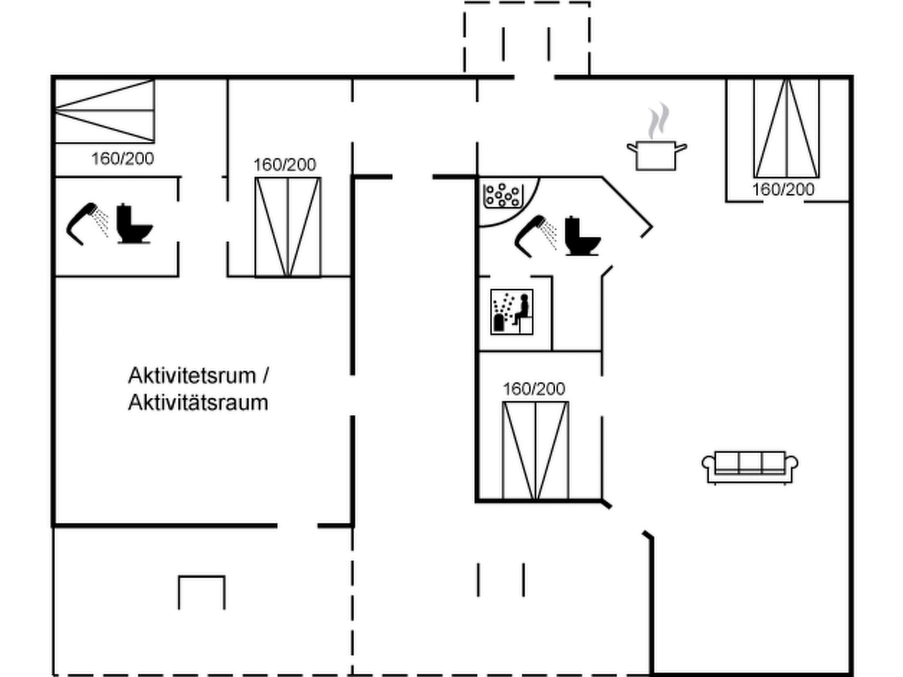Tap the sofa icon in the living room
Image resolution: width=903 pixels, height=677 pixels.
pos(750,467)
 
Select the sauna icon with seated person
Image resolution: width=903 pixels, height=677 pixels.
pos(511,312)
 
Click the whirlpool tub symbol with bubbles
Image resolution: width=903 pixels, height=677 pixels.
pos(503,196)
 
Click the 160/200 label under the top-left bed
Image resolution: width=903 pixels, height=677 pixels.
pos(123,159)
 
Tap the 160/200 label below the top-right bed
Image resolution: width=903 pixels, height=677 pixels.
pos(783,190)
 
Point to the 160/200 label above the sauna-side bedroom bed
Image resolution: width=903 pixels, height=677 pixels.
pos(534,389)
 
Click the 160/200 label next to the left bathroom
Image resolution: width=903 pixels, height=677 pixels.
pos(285,165)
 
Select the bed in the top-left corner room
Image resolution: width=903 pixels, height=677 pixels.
pos(104,111)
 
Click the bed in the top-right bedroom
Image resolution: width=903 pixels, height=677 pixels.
pos(787,128)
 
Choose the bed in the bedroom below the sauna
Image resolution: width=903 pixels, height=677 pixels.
pos(535,450)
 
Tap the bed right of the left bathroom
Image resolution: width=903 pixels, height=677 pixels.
pos(288,227)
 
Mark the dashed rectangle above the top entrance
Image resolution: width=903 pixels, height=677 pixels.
pos(527,37)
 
